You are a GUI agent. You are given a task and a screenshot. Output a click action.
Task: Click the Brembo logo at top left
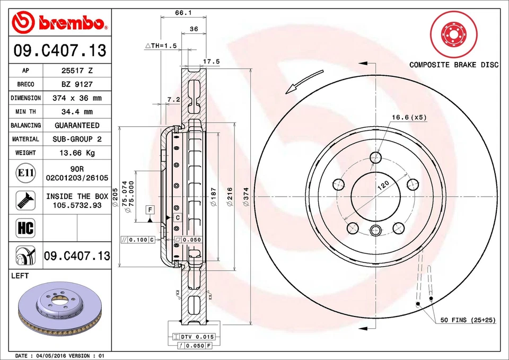click(x=59, y=22)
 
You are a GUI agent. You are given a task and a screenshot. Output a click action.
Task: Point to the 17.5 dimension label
click(x=212, y=62)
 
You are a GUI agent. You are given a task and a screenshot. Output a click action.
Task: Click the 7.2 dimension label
click(x=173, y=99)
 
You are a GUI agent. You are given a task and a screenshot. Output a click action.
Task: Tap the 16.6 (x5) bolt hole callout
click(x=409, y=117)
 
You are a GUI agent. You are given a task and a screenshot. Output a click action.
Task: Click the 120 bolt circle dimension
click(x=383, y=186)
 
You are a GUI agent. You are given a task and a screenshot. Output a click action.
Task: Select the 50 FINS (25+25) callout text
click(x=467, y=320)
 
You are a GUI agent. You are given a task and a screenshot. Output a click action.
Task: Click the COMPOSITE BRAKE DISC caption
click(x=454, y=65)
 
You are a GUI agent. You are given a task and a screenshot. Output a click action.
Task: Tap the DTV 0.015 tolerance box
click(x=194, y=337)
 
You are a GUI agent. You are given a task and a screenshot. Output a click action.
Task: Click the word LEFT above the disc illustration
click(x=20, y=276)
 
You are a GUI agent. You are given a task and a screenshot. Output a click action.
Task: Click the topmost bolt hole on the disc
click(x=376, y=157)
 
